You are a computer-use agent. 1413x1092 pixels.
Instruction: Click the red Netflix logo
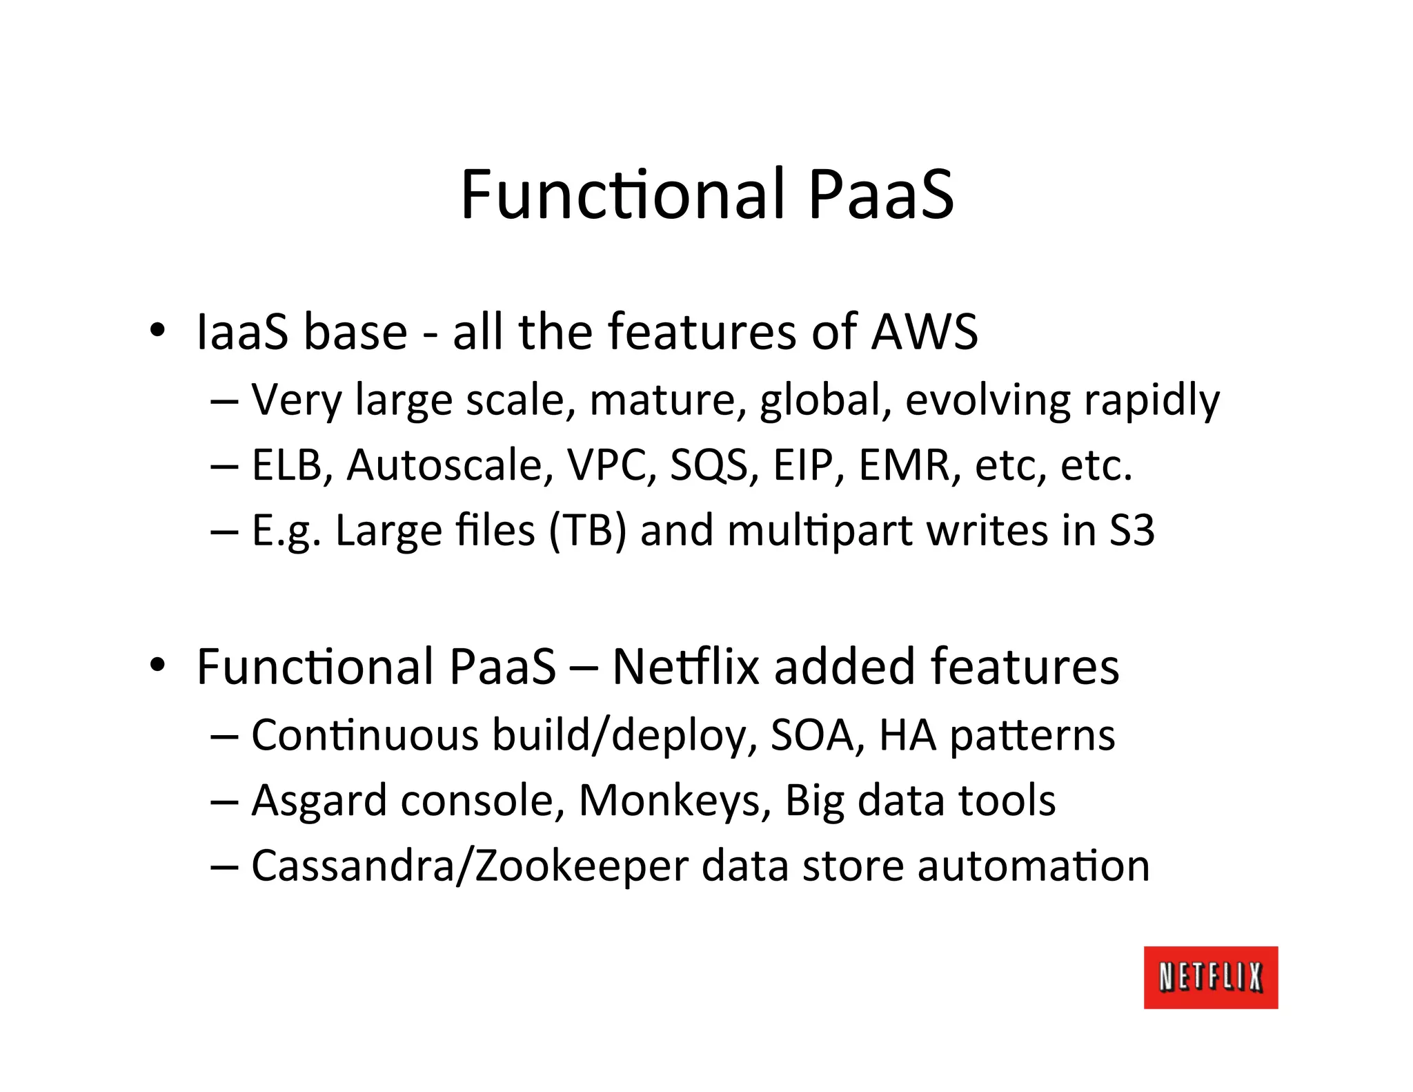[x=1210, y=977]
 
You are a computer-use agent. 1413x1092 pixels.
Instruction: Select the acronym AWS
[x=925, y=333]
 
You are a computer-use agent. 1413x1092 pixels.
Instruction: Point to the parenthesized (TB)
[x=587, y=532]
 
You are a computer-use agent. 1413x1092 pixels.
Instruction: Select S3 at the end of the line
[x=1132, y=531]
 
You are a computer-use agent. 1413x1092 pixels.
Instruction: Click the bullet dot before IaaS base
[x=157, y=330]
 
